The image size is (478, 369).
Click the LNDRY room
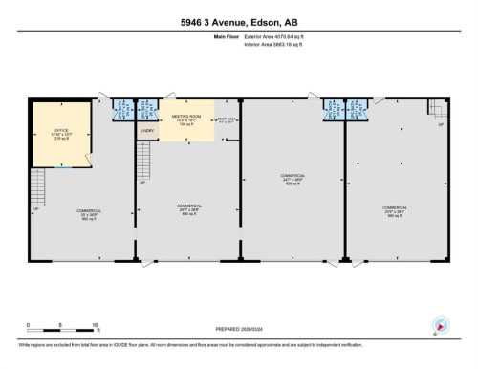click(x=148, y=131)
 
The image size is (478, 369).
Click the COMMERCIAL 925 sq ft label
click(x=292, y=180)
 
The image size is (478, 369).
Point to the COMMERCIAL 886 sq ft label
click(x=394, y=210)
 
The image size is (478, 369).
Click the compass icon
click(x=442, y=325)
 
